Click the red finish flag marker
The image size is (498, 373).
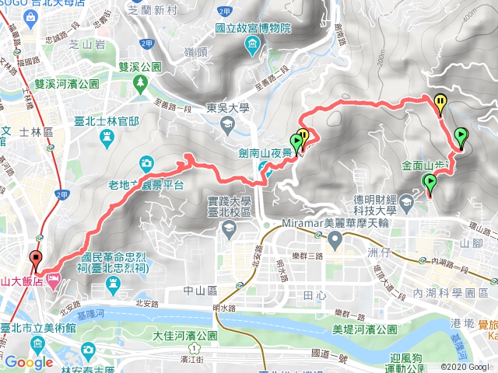click(36, 260)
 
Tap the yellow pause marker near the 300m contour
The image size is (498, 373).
click(440, 101)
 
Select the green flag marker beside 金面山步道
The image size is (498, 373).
click(429, 183)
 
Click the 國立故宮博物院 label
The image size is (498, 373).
click(252, 28)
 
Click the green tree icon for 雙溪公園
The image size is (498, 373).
click(141, 82)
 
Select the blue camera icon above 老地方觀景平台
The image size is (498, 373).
click(146, 163)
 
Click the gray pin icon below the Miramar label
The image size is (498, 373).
click(335, 240)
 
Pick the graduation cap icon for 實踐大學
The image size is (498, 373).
click(229, 228)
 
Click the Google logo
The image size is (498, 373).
click(29, 362)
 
